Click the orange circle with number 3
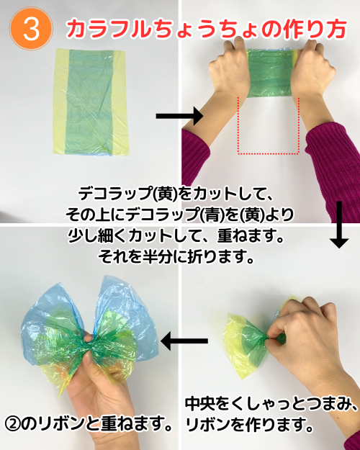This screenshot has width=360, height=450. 31,29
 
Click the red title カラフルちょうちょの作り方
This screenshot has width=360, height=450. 206,29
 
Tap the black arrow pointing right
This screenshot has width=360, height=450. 180,116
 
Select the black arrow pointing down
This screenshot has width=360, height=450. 339,225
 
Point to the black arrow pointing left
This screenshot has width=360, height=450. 184,341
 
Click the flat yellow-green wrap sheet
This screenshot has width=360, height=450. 90,102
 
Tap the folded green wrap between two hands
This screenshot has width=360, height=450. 270,73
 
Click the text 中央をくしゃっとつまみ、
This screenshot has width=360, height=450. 271,404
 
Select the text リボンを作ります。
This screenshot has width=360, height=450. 249,424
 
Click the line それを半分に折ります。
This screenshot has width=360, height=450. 176,256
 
